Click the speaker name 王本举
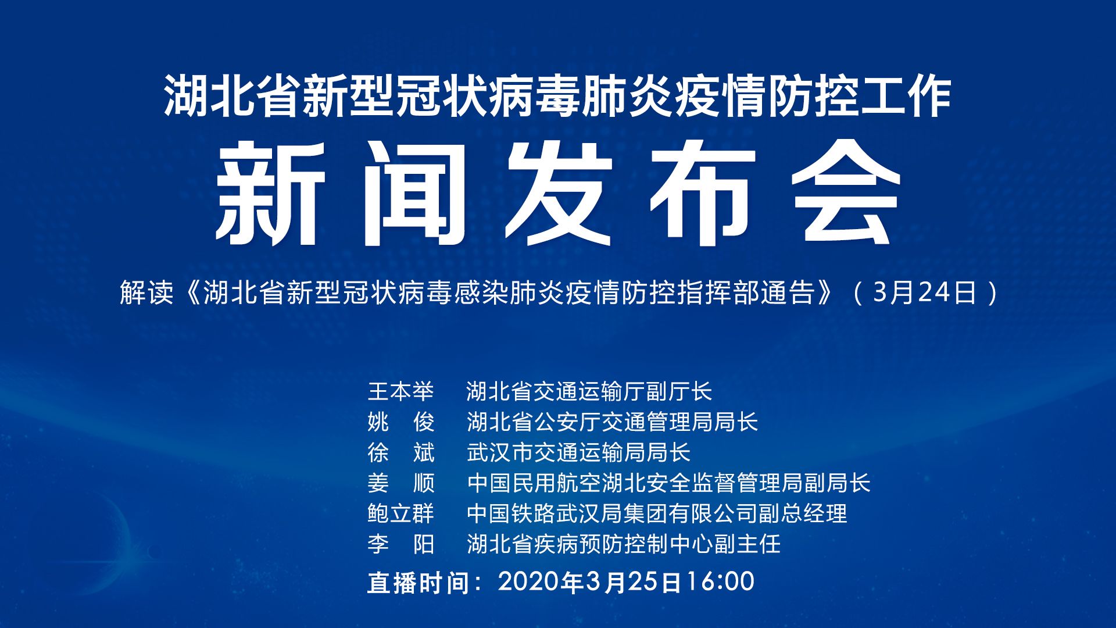coord(401,391)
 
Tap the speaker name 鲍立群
coord(401,513)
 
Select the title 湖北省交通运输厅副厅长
coord(589,391)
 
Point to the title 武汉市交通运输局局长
coord(579,452)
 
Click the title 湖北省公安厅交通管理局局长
coord(612,422)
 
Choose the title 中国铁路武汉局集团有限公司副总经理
coord(657,513)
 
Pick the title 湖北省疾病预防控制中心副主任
coord(623,544)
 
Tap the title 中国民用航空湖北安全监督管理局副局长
coord(668,483)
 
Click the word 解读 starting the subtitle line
coord(146,292)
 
